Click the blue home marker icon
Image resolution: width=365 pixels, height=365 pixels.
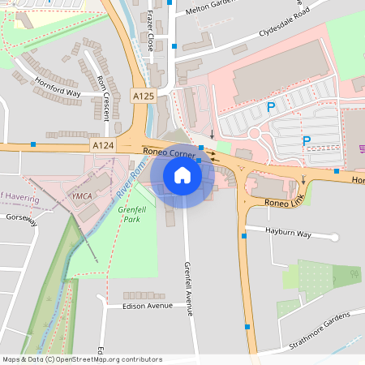(x=182, y=174)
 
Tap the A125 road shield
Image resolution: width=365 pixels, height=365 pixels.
(x=143, y=96)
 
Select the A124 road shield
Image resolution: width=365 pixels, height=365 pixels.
(x=102, y=145)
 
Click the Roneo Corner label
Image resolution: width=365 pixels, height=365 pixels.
(x=169, y=151)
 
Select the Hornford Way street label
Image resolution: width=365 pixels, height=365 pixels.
(x=58, y=88)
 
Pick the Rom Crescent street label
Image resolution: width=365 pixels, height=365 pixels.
(x=103, y=97)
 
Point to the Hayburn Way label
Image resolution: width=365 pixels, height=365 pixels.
(x=289, y=234)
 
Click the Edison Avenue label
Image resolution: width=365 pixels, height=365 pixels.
(x=148, y=306)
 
